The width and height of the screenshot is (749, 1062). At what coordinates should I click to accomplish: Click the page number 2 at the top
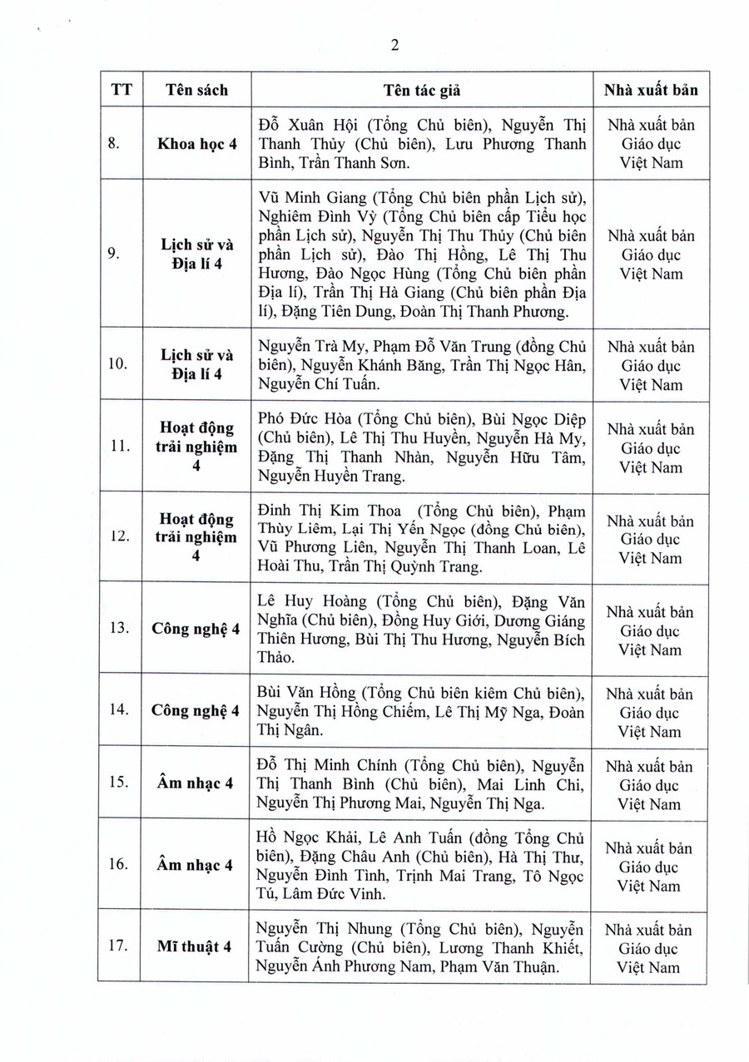click(394, 45)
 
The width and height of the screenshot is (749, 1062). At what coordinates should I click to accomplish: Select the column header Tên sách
click(196, 90)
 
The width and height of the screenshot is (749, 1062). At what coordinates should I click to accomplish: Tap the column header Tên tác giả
click(422, 90)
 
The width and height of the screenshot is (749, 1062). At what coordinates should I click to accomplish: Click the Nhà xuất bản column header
click(651, 90)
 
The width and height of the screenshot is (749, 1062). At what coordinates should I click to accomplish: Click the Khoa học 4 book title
click(196, 143)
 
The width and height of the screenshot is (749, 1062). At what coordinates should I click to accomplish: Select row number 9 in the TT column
click(118, 254)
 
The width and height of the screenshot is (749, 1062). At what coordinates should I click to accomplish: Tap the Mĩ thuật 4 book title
click(196, 947)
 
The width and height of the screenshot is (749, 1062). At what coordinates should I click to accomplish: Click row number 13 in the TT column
click(118, 629)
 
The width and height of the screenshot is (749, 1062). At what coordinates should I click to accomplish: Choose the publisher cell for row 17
click(651, 948)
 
